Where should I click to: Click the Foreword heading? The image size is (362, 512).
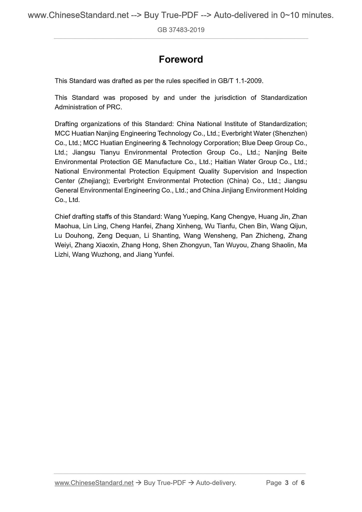[181, 60]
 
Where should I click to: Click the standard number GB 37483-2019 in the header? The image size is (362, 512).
[181, 30]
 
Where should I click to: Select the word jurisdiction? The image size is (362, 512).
[230, 98]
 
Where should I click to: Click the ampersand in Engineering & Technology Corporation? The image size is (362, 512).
[163, 143]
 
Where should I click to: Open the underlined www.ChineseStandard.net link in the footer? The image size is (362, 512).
[94, 483]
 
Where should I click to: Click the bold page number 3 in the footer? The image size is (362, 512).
[287, 483]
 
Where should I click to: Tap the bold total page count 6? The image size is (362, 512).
[303, 483]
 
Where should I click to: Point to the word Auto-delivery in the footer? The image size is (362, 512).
[216, 483]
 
